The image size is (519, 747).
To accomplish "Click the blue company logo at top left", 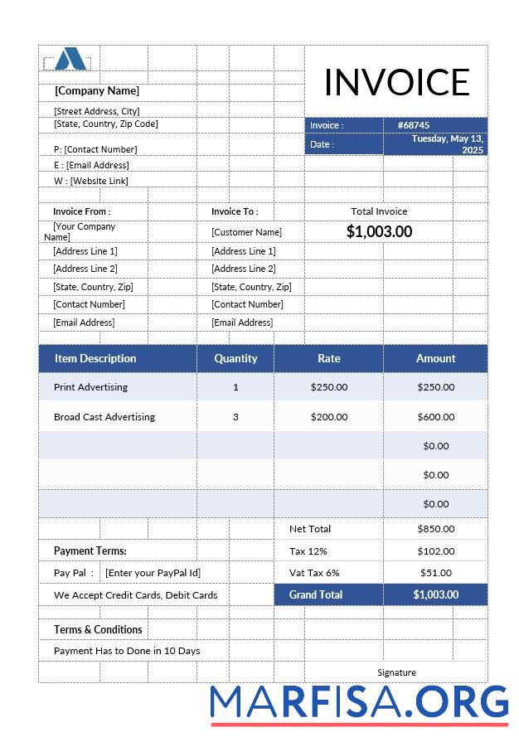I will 70,59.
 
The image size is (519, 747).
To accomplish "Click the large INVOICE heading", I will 396,82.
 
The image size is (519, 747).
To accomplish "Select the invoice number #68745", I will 413,125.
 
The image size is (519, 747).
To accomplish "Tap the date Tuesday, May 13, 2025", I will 448,144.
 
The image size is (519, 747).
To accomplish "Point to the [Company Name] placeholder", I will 97,91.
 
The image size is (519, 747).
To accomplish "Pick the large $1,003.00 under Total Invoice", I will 379,231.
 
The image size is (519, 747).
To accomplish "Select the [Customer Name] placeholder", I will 246,232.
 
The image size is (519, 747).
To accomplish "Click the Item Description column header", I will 95,358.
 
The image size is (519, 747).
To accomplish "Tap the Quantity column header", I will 235,358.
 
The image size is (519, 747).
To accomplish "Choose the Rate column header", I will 329,358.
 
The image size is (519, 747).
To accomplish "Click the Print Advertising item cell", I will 90,387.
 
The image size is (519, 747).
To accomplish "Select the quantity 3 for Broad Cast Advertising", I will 235,417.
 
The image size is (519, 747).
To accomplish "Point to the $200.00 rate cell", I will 329,417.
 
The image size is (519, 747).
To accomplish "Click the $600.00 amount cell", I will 435,417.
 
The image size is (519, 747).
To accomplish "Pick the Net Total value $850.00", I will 435,529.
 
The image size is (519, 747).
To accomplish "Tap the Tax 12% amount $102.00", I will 435,551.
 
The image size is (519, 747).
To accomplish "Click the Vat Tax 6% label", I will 314,572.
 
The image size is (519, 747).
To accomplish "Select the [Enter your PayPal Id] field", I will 153,572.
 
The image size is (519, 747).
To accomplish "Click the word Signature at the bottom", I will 396,672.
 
